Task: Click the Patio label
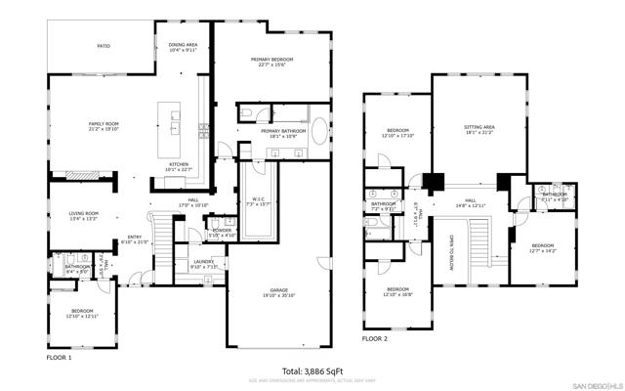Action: pos(103,45)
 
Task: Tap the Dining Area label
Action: pos(184,45)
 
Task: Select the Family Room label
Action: pos(104,123)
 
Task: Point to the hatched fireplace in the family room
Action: pos(81,176)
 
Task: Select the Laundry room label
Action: pos(202,262)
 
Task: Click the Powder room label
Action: pos(221,230)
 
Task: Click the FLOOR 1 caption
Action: pos(59,358)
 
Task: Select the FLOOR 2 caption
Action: pos(374,338)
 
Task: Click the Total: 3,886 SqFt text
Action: pos(312,370)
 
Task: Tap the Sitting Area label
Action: pos(479,127)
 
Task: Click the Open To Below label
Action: pos(452,253)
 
